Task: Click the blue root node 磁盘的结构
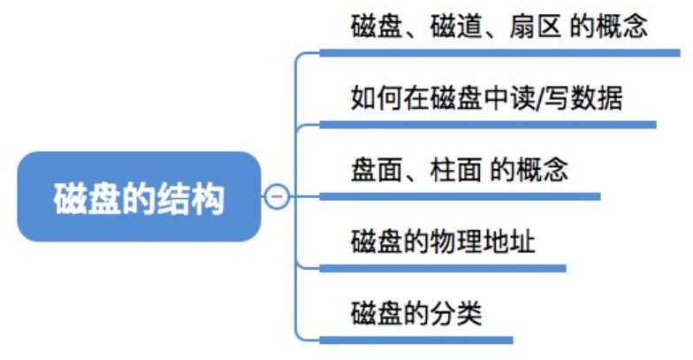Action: pyautogui.click(x=139, y=196)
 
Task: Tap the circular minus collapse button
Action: pyautogui.click(x=278, y=196)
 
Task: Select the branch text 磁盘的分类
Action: pyautogui.click(x=416, y=313)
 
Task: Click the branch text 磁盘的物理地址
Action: pyautogui.click(x=443, y=241)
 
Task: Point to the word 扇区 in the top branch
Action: pyautogui.click(x=536, y=27)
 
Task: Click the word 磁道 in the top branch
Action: pyautogui.click(x=456, y=27)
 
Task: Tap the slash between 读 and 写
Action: pyautogui.click(x=539, y=98)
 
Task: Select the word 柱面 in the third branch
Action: pyautogui.click(x=456, y=170)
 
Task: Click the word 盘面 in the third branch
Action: pyautogui.click(x=377, y=170)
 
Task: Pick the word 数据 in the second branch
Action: pyautogui.click(x=597, y=97)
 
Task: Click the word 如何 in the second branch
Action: pyautogui.click(x=377, y=97)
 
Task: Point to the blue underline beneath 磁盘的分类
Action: pyautogui.click(x=415, y=340)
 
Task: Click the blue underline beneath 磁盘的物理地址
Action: pyautogui.click(x=442, y=269)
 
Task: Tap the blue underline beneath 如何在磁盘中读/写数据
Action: pyautogui.click(x=488, y=126)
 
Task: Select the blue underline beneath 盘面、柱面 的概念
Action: pyautogui.click(x=460, y=196)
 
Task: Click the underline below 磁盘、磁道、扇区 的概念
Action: pyautogui.click(x=499, y=53)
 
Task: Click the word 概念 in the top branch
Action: pyautogui.click(x=622, y=27)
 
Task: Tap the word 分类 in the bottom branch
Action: pyautogui.click(x=456, y=313)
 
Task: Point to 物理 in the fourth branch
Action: pyautogui.click(x=456, y=241)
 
